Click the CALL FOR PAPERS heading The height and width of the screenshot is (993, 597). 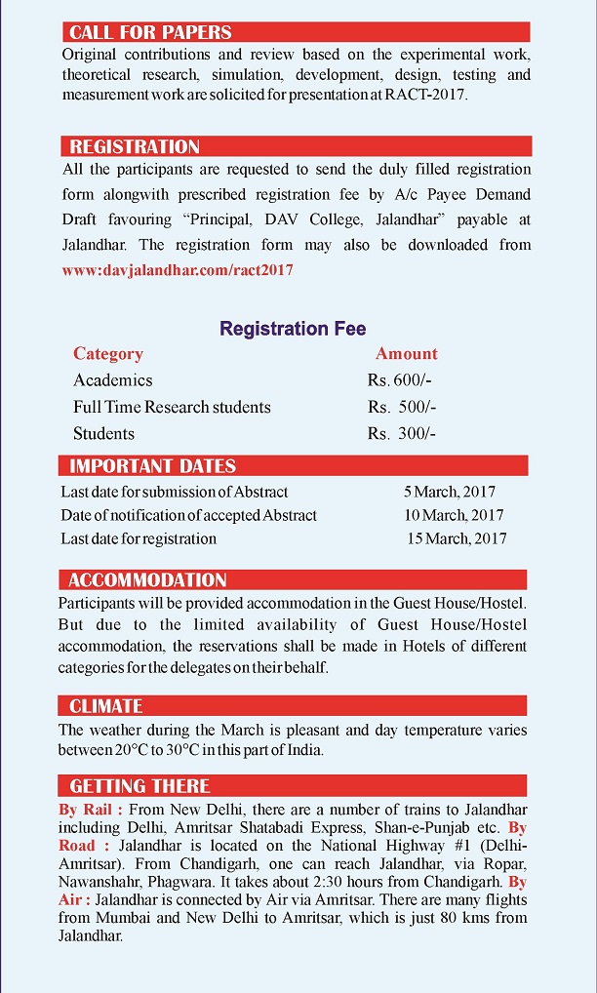pos(150,32)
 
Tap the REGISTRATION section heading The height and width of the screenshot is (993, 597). pos(135,146)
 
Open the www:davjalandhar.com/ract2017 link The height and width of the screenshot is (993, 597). pos(177,270)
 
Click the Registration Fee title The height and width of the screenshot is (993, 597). pos(293,329)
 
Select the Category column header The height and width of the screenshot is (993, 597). pos(108,354)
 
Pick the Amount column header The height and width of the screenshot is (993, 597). pos(407,354)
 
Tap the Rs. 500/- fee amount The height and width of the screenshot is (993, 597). pos(401,407)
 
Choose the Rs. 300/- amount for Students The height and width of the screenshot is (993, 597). pos(401,433)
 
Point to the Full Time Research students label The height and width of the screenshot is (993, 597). pos(172,407)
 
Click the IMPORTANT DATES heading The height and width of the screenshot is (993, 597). pos(152,465)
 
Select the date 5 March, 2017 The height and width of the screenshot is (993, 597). pos(450,492)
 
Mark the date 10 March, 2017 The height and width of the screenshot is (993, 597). pos(454,515)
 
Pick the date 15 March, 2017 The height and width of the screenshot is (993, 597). pos(457,538)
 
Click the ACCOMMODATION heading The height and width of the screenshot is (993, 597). pos(147,579)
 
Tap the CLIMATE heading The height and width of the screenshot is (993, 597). pos(105,705)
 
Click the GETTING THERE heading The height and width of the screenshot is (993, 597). pos(139,785)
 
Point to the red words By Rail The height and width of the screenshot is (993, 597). pos(90,810)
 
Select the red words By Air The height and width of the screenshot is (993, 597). pos(75,899)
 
